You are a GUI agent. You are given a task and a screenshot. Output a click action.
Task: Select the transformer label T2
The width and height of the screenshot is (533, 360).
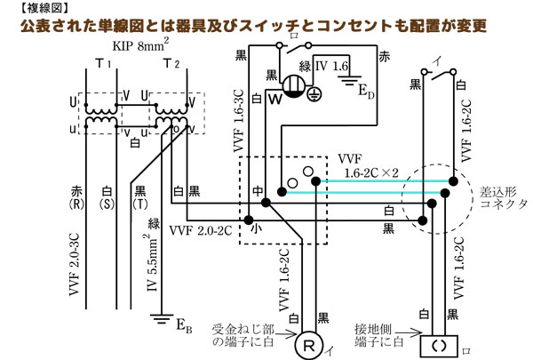[x=171, y=63]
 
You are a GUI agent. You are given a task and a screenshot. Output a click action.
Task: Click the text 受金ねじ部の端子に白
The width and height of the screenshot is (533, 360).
[x=237, y=335]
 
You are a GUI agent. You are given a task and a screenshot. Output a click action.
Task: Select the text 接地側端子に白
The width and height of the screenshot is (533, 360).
[x=391, y=335]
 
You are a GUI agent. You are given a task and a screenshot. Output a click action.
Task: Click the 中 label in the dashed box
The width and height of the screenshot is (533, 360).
[x=257, y=189]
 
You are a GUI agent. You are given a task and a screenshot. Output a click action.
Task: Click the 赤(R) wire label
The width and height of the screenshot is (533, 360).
[x=76, y=196]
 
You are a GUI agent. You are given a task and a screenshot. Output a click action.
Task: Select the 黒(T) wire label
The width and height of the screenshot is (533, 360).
[x=141, y=196]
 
